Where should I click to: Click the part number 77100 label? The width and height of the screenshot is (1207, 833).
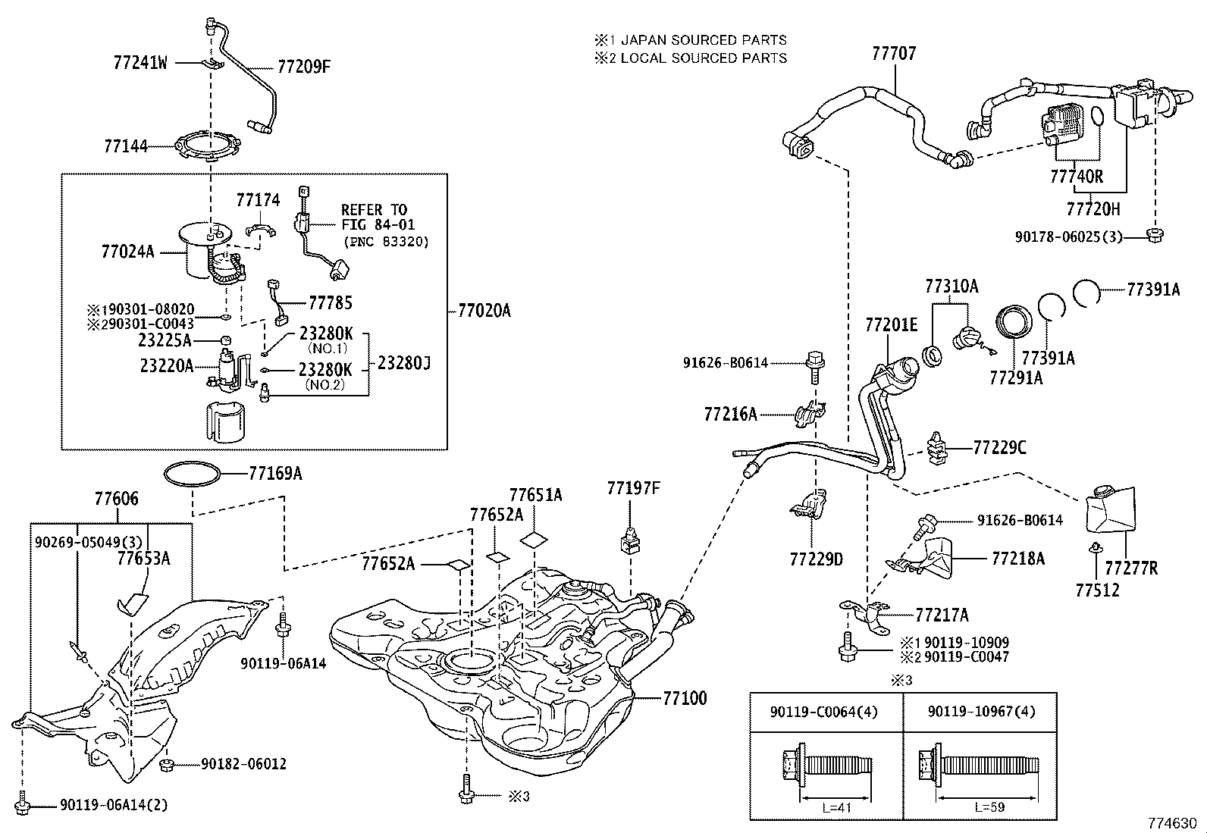[x=685, y=697]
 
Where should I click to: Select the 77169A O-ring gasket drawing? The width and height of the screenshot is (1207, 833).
[x=194, y=474]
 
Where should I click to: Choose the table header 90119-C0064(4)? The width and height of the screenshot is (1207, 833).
[x=826, y=712]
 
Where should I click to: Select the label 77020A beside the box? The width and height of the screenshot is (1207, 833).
[x=484, y=311]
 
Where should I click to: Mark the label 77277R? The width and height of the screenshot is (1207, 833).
[x=1130, y=568]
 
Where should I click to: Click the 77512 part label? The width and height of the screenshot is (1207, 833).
[x=1097, y=589]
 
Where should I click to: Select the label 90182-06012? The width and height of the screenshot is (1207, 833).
[x=243, y=764]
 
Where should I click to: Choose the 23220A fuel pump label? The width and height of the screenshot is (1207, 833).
[x=166, y=366]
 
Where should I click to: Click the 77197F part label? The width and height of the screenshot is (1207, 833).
[x=633, y=488]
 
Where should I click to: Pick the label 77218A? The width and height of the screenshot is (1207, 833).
[x=1017, y=559]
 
